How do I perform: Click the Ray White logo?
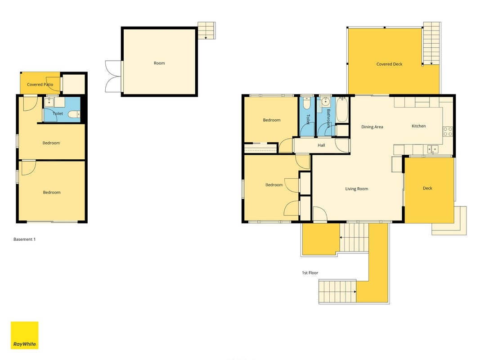tap(24, 335)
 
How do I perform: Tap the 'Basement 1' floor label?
tap(24, 239)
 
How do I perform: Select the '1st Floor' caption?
tap(310, 273)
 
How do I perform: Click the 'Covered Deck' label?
tap(390, 64)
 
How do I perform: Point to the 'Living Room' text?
tap(357, 189)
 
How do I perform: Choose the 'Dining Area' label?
tap(372, 127)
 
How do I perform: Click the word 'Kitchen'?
tap(419, 126)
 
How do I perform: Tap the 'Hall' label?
tap(322, 145)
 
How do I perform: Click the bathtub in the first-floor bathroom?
tap(342, 110)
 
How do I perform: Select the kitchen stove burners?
tap(448, 132)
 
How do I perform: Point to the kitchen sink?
tap(433, 149)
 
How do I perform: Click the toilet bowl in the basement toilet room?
tap(73, 114)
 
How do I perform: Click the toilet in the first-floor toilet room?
tap(306, 103)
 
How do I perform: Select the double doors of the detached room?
tap(113, 76)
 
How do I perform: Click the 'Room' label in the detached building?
tap(159, 63)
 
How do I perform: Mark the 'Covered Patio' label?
tap(40, 85)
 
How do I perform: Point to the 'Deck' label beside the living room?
tap(427, 188)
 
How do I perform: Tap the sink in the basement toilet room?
tap(49, 102)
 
